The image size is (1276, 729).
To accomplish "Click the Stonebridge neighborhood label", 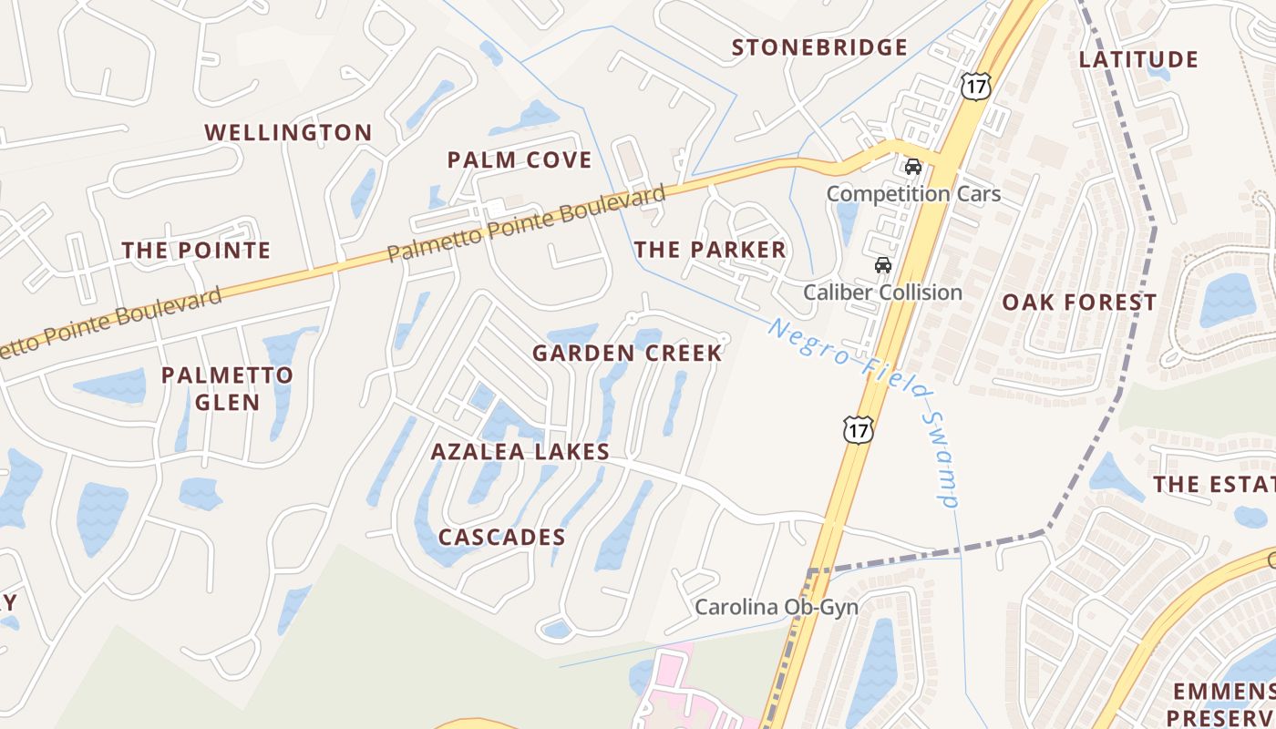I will pyautogui.click(x=819, y=47).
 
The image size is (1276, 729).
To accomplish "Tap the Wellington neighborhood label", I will pyautogui.click(x=288, y=132).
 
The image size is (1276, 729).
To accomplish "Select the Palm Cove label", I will pyautogui.click(x=520, y=160).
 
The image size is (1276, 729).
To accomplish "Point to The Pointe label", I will pyautogui.click(x=196, y=250).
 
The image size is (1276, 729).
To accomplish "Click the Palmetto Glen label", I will pyautogui.click(x=227, y=388).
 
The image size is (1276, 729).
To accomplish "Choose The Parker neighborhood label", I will pyautogui.click(x=710, y=250).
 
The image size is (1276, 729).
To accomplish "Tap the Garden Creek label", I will pyautogui.click(x=627, y=353).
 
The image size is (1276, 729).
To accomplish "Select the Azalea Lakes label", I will pyautogui.click(x=520, y=451).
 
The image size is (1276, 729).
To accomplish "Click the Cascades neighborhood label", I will pyautogui.click(x=501, y=538).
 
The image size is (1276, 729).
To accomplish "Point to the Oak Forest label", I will pyautogui.click(x=1079, y=303).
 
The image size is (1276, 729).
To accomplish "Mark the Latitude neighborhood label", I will pyautogui.click(x=1138, y=60).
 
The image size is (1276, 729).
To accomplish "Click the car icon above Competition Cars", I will pyautogui.click(x=912, y=167).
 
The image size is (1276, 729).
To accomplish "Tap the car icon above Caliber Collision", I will pyautogui.click(x=882, y=265).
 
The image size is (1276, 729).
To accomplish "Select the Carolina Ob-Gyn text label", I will pyautogui.click(x=777, y=607).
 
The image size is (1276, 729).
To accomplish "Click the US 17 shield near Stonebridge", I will pyautogui.click(x=974, y=87).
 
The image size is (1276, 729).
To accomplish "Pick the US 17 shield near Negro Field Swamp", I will pyautogui.click(x=858, y=429).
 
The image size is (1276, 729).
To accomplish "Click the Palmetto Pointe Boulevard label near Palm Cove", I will pyautogui.click(x=526, y=223).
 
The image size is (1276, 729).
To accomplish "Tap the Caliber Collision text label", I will pyautogui.click(x=882, y=293).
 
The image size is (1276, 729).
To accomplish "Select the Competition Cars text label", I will pyautogui.click(x=913, y=194).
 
